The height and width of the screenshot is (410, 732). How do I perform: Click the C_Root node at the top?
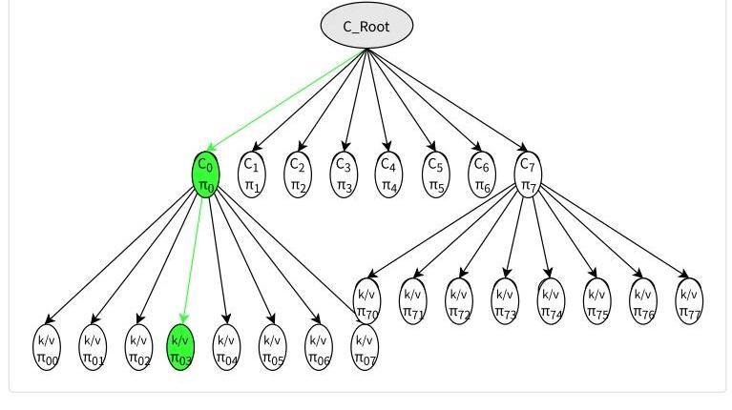point(366,27)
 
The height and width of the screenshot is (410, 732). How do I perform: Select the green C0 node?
point(206,174)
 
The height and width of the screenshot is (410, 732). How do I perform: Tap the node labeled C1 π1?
point(251,174)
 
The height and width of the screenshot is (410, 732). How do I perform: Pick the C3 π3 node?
point(343,174)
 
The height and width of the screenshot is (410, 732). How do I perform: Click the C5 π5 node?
point(434,174)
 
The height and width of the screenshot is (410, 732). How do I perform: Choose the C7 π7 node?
point(527,174)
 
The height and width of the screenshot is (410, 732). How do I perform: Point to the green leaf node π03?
point(180,348)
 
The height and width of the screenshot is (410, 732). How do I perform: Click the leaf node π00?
point(47,348)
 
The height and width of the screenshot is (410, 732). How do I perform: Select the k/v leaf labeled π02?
point(138,348)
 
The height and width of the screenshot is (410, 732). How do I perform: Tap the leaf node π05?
point(272,348)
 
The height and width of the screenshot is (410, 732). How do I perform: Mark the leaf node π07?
point(365,348)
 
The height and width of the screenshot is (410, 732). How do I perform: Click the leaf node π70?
point(366,301)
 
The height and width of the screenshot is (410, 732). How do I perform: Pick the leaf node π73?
point(505,301)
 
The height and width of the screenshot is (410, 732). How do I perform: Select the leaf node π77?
point(689,301)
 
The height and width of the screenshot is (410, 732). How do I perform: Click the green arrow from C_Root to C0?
point(286,100)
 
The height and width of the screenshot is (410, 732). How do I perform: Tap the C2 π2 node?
point(298,174)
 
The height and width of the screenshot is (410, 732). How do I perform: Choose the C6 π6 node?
point(483,174)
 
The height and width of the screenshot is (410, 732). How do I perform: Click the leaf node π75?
point(596,301)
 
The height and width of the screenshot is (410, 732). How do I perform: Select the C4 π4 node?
point(387,174)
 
